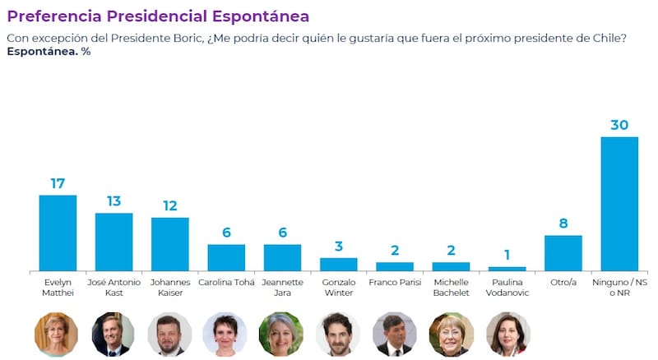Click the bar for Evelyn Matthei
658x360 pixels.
[x=58, y=233]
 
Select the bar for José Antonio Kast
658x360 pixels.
[x=114, y=242]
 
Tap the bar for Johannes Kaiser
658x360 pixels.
[x=170, y=245]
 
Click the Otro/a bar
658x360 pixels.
[x=563, y=253]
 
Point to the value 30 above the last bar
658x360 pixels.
[x=619, y=125]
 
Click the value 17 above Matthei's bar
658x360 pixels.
[x=58, y=183]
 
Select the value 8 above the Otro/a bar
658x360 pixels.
[x=563, y=224]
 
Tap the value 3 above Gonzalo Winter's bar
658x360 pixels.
[x=339, y=247]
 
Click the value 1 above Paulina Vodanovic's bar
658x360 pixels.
[x=507, y=255]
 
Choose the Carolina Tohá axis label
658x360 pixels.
[x=226, y=283]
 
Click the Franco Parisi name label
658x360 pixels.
[x=395, y=283]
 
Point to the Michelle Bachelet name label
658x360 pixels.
[x=451, y=288]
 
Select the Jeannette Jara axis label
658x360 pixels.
[x=282, y=288]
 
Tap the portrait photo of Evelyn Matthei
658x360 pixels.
[x=56, y=334]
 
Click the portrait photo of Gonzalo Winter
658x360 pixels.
[x=338, y=334]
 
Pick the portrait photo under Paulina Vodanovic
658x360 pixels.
[x=507, y=334]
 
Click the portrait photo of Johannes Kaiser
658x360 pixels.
[x=169, y=334]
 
